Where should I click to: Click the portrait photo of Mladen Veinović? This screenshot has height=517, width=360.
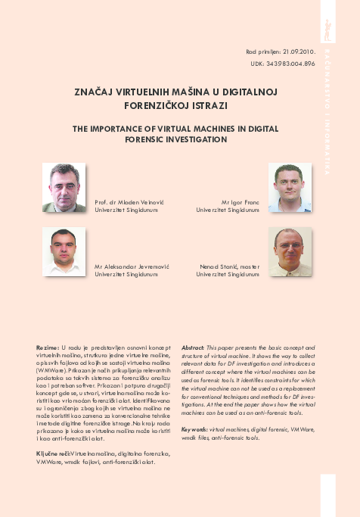click(x=64, y=187)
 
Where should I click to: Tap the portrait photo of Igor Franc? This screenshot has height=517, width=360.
click(x=290, y=187)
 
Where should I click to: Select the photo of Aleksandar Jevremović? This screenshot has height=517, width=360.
click(x=64, y=252)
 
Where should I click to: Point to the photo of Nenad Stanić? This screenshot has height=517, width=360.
click(x=290, y=252)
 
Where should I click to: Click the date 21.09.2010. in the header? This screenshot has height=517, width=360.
click(x=297, y=51)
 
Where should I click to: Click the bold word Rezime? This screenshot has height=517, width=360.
click(x=48, y=347)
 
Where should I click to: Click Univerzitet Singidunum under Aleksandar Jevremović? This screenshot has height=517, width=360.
click(x=126, y=275)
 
